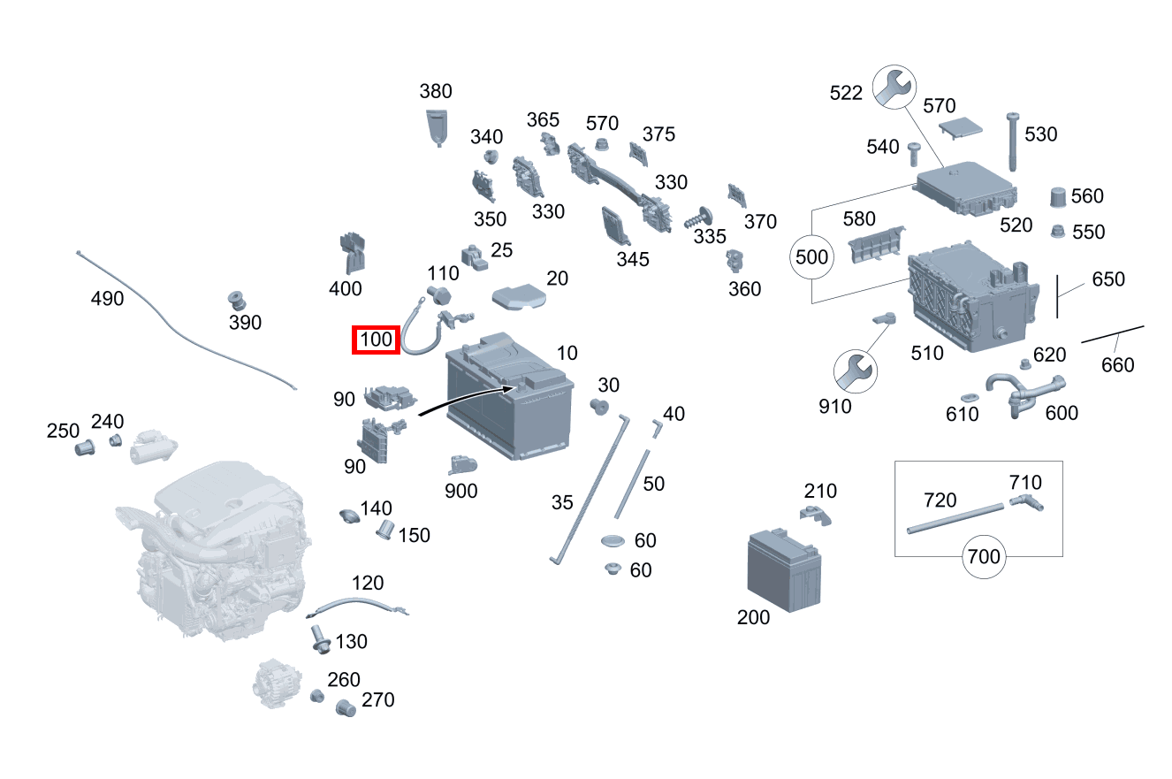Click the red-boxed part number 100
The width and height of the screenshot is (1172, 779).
tap(377, 340)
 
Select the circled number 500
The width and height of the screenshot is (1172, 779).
tap(812, 258)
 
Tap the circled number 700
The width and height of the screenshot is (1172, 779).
tap(984, 556)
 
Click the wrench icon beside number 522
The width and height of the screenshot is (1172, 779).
tap(894, 88)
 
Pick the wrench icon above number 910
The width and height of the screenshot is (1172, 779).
tap(856, 370)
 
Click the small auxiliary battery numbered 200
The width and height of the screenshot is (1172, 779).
tap(784, 569)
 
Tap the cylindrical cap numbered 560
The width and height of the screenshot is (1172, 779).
tap(1058, 197)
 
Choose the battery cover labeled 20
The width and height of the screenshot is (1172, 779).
tap(519, 297)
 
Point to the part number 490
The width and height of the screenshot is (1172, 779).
tap(107, 299)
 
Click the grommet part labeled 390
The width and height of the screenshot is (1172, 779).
tap(236, 300)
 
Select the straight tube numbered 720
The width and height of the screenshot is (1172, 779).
tap(955, 518)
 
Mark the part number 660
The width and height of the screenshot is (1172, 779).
tap(1118, 364)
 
